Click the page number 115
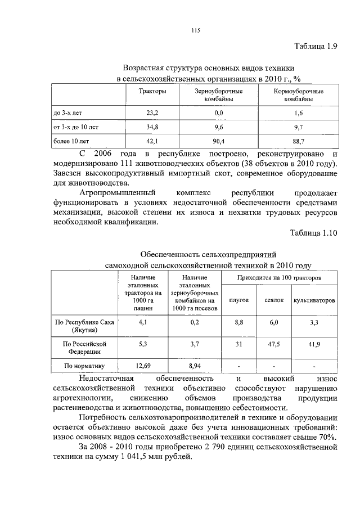(x=195, y=30)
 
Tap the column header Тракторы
(x=152, y=91)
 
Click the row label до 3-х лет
(x=67, y=113)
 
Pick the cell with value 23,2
(x=152, y=113)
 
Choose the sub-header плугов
(x=239, y=300)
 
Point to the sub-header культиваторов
(x=314, y=300)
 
